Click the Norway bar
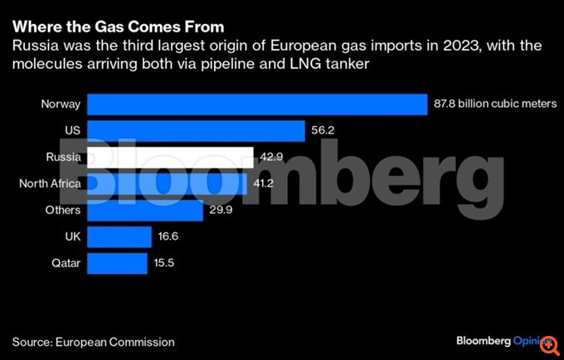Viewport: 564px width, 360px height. [256, 105]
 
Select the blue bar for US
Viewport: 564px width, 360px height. [196, 131]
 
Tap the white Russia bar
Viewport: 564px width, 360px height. [170, 158]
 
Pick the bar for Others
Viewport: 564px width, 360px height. [145, 211]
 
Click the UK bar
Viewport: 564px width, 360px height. [118, 237]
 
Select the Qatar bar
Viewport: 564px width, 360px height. [116, 264]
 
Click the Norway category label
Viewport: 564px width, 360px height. [61, 105]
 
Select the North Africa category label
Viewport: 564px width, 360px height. [50, 184]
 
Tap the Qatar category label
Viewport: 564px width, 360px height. [65, 264]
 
